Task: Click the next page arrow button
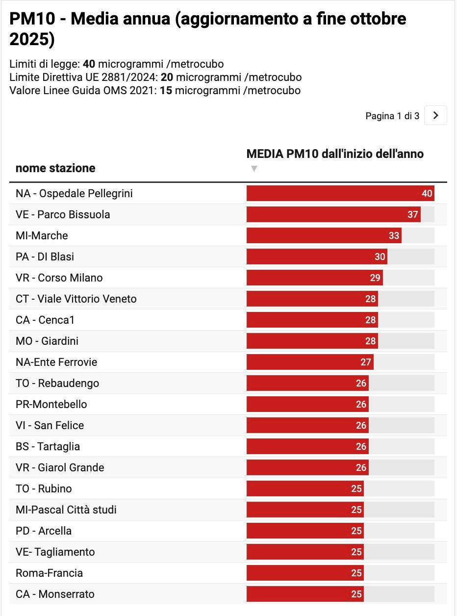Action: (x=435, y=116)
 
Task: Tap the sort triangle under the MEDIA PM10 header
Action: (x=254, y=169)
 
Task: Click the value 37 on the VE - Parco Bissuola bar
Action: (x=412, y=214)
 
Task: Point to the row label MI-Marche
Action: (x=42, y=235)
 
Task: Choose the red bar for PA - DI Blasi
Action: (x=316, y=257)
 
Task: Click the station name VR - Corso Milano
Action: (x=59, y=278)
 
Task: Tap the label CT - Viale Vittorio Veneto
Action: (x=76, y=299)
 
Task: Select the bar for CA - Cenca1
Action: (x=312, y=320)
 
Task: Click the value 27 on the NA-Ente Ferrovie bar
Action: (x=366, y=362)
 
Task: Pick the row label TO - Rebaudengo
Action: (x=57, y=383)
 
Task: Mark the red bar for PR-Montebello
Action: (x=307, y=404)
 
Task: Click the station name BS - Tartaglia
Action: (x=48, y=446)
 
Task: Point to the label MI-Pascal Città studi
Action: (x=66, y=510)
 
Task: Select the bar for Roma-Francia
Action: (x=305, y=573)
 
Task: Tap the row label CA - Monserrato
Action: (x=55, y=594)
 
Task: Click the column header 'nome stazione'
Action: (x=55, y=168)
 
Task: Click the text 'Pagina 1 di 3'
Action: (x=392, y=116)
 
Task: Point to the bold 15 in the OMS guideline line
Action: (x=166, y=91)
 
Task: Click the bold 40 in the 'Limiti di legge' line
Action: (x=89, y=64)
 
